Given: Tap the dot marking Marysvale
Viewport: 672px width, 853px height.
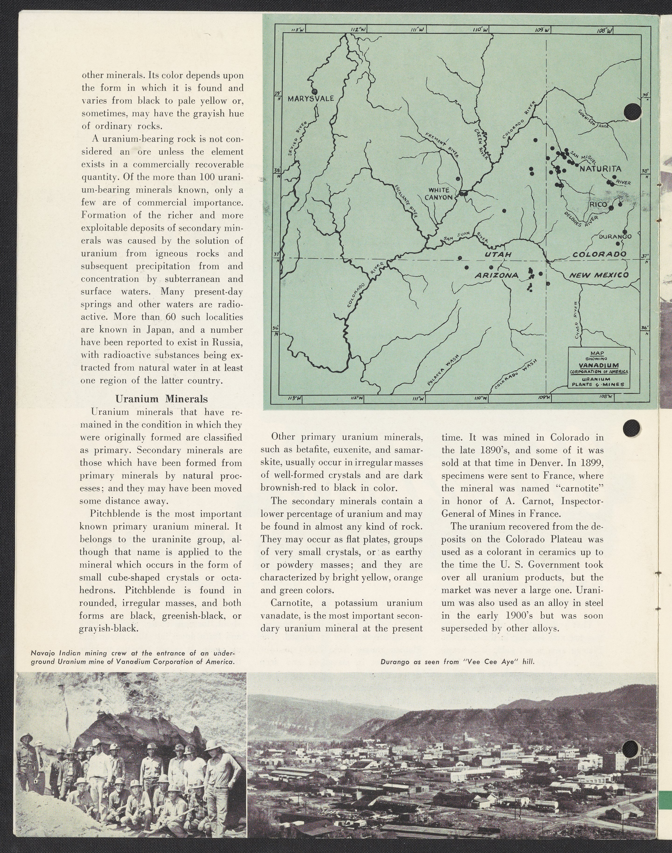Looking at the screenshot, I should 314,91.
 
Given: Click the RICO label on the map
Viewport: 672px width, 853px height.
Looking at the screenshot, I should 598,205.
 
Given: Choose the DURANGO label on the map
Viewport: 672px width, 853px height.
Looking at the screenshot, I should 615,236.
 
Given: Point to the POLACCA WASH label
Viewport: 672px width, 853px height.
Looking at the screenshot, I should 443,371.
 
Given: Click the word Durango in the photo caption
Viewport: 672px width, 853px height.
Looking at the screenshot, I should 394,662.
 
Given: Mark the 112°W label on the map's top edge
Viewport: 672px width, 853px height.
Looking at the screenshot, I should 358,29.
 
